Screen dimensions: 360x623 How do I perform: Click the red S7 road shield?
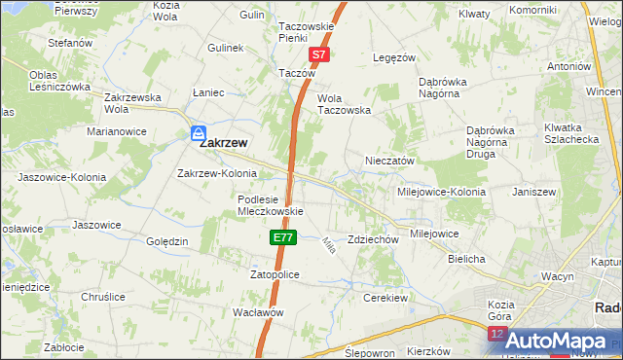(x=318, y=56)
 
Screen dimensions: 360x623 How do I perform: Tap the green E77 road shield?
(x=282, y=237)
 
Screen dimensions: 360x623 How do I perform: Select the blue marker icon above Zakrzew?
(x=199, y=132)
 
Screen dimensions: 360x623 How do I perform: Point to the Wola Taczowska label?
(x=345, y=104)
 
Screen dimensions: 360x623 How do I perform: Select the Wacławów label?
(x=257, y=312)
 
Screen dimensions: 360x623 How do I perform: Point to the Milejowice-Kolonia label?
(x=440, y=192)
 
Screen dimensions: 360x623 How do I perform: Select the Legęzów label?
(x=395, y=57)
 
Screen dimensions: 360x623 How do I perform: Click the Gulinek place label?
(x=225, y=47)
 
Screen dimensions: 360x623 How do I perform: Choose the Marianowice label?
(x=116, y=130)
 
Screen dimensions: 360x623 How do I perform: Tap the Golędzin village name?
(x=166, y=241)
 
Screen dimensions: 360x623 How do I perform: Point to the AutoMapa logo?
(x=555, y=340)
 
